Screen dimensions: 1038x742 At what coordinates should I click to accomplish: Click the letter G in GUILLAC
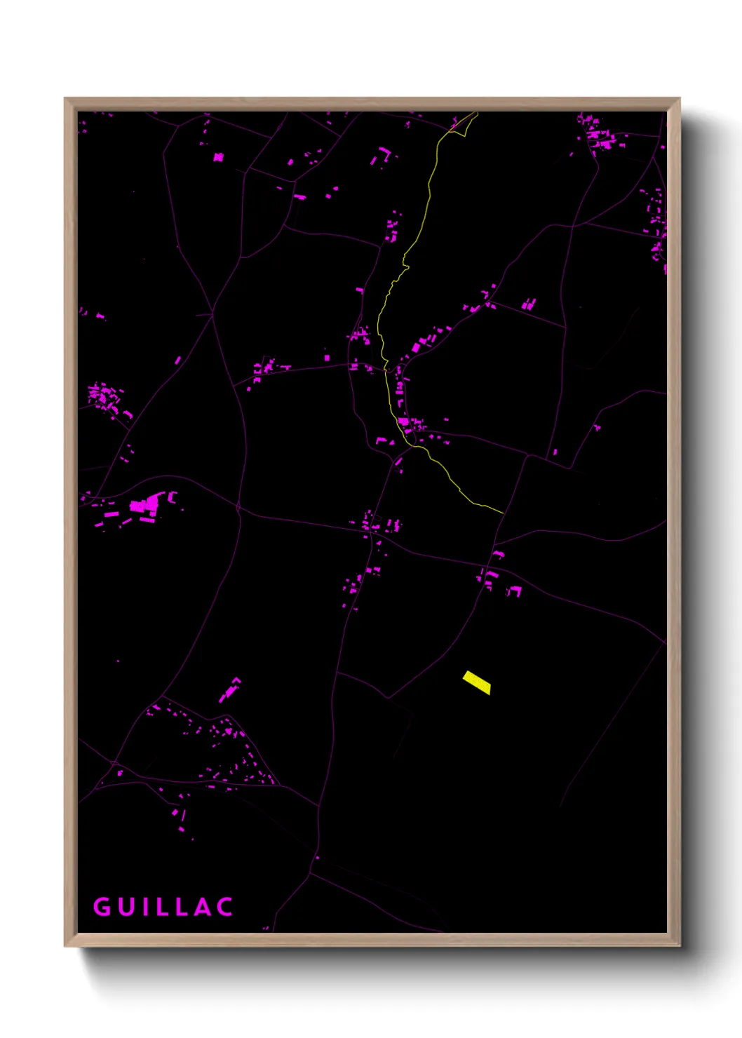coord(102,907)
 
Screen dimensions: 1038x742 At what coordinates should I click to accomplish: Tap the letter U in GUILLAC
coord(125,907)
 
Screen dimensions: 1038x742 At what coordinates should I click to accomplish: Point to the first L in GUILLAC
coord(161,907)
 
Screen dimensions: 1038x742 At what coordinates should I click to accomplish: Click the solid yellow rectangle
coord(477,682)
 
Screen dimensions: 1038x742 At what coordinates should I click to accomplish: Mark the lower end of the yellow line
coord(502,512)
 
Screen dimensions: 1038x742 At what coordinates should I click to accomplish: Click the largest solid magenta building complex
coord(145,504)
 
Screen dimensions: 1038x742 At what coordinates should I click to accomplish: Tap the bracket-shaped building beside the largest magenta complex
coord(172,497)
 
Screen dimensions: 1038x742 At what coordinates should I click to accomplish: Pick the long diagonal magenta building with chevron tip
coord(229,690)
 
